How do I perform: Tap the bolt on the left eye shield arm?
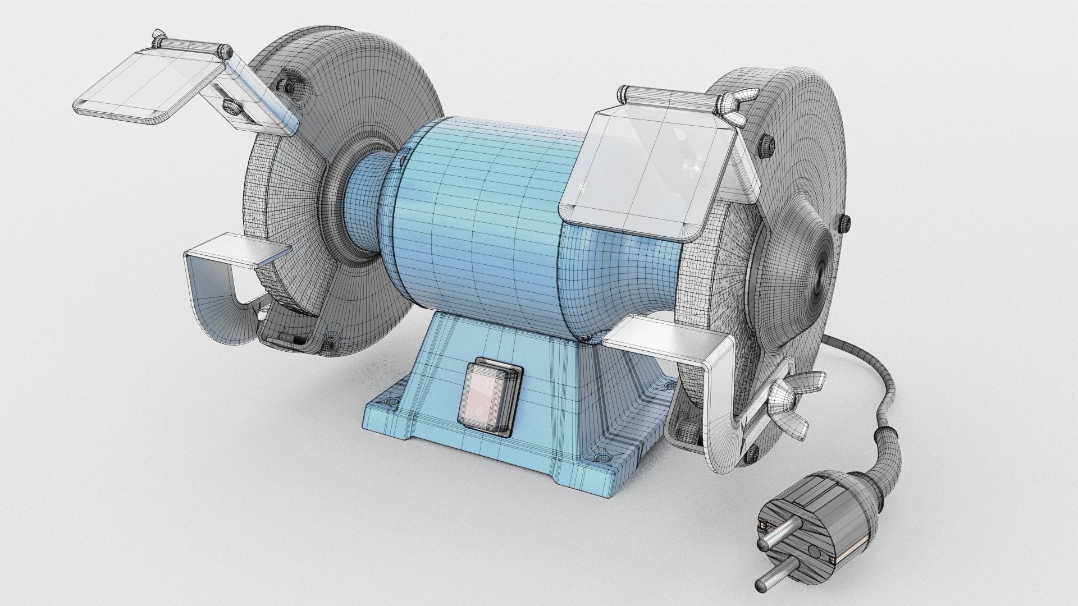(x=230, y=105)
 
